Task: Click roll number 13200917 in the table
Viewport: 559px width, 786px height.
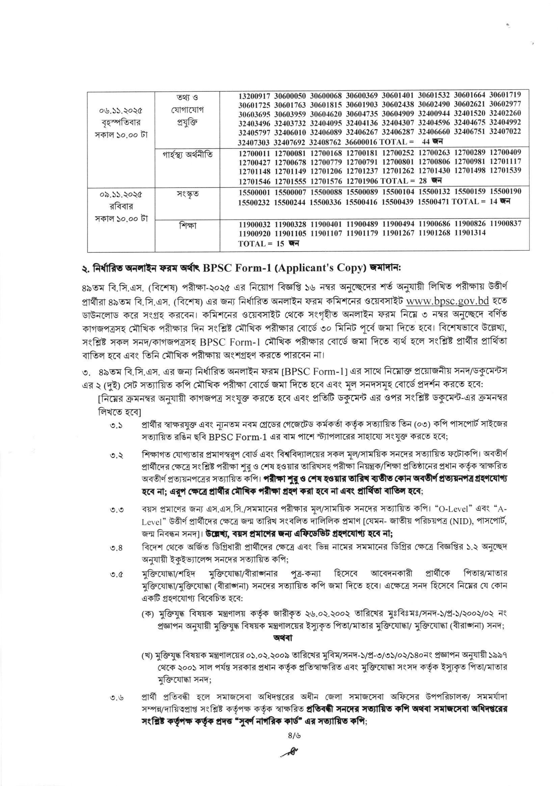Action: [x=255, y=95]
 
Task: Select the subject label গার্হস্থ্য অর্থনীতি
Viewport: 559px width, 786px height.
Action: [x=188, y=155]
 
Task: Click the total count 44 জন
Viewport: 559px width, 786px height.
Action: [x=432, y=141]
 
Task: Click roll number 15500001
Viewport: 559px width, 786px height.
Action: [x=255, y=192]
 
